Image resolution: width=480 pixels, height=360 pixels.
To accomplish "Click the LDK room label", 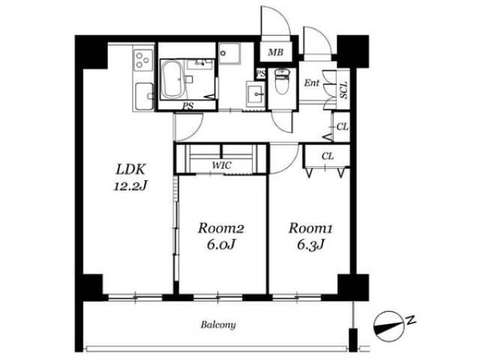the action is click(x=130, y=169).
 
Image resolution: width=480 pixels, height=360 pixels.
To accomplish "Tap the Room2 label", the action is click(x=220, y=228).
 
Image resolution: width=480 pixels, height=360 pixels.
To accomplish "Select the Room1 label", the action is click(x=310, y=228).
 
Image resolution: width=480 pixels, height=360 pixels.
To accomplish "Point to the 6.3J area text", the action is click(x=310, y=245).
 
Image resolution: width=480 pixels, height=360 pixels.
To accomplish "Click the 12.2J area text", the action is click(x=130, y=185).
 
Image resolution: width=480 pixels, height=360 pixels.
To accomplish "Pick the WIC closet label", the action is click(x=222, y=165).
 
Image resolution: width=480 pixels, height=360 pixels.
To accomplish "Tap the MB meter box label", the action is click(x=275, y=52).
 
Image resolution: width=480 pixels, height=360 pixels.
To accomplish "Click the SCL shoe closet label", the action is click(x=343, y=90).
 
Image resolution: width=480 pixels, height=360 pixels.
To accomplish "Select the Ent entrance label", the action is click(x=312, y=82).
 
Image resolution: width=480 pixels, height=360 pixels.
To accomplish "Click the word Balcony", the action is click(x=218, y=325).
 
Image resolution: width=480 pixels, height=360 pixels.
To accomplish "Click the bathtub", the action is click(x=172, y=79).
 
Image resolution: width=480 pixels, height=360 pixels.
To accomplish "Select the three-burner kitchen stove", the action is click(x=143, y=60).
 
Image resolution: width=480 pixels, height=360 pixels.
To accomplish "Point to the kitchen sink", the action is click(x=143, y=96).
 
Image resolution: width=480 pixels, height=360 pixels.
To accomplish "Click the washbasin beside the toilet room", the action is click(x=255, y=94).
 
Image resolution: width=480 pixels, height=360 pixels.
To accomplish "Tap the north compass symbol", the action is click(x=387, y=326).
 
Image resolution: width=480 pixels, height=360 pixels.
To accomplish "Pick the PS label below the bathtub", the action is click(x=187, y=106).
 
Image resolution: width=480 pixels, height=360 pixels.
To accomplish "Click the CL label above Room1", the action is click(x=328, y=157).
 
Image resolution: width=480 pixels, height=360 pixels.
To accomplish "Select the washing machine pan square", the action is click(x=229, y=53).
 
